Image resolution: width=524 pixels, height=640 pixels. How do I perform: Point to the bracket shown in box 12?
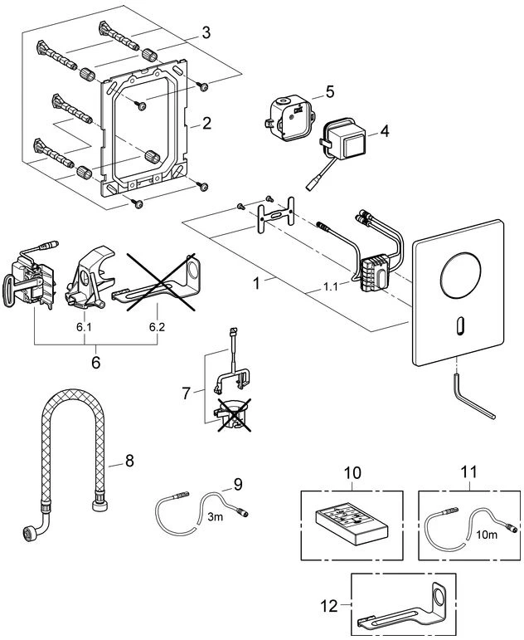pyautogui.click(x=406, y=610)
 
